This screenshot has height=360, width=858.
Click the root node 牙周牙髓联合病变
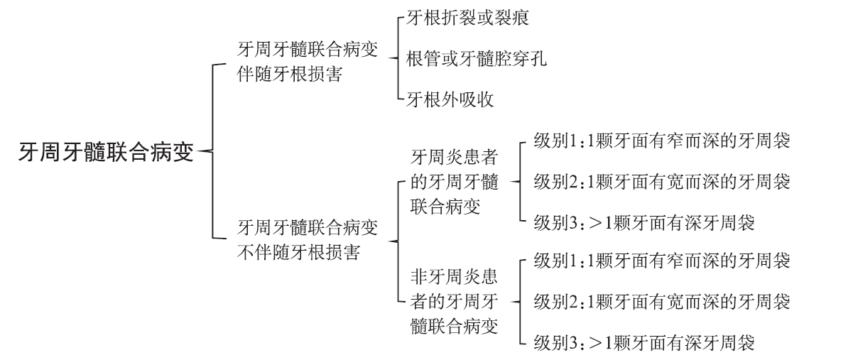(x=106, y=152)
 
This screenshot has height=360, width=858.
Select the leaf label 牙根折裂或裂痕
(x=467, y=18)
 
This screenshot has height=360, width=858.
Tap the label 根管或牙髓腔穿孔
(x=476, y=59)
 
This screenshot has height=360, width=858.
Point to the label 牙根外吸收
(x=450, y=99)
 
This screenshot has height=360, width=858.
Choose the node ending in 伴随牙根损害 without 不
(x=308, y=61)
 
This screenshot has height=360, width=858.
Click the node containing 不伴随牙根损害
(x=308, y=240)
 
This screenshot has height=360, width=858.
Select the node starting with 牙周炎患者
(x=455, y=182)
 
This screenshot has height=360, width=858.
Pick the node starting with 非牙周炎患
(x=455, y=301)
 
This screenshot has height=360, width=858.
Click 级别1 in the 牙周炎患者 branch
(x=662, y=141)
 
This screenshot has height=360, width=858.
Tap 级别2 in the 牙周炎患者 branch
(x=662, y=182)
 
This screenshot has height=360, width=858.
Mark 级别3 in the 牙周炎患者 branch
(x=644, y=222)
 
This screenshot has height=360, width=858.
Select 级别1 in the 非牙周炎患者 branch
(x=662, y=261)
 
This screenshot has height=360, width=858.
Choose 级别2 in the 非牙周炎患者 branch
(x=662, y=301)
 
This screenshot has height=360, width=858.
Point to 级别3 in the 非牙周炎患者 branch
(x=644, y=342)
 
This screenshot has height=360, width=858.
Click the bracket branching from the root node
(x=212, y=151)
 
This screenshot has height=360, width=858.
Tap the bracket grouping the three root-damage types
(x=398, y=58)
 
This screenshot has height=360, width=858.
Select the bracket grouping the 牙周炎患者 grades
(x=520, y=182)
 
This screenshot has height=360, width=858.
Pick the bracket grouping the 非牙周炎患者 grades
(x=520, y=301)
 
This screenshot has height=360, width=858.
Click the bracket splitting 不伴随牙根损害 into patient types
(x=398, y=241)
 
